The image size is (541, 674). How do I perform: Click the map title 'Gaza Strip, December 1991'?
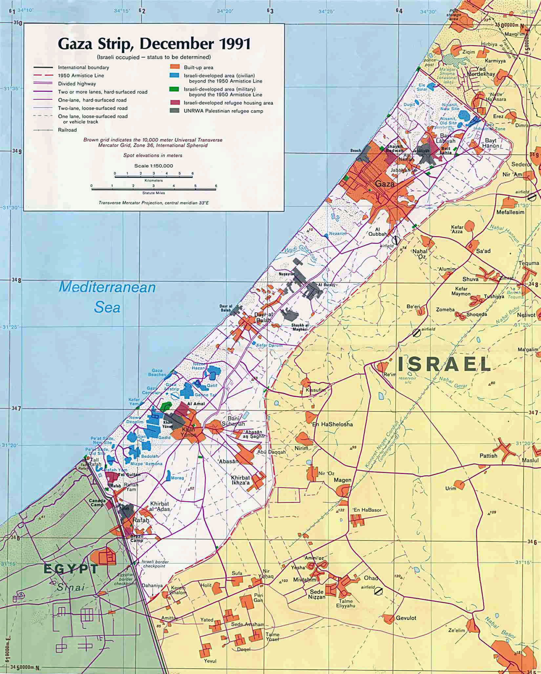click(154, 44)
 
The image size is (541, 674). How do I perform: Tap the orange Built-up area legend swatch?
click(174, 67)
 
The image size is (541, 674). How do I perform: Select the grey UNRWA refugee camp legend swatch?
click(174, 111)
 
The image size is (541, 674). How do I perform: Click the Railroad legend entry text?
click(67, 130)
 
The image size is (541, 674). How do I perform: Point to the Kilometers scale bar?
click(154, 176)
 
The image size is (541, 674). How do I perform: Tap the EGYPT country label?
click(71, 569)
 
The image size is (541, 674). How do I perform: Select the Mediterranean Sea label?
click(107, 297)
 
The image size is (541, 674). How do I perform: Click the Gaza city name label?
click(385, 184)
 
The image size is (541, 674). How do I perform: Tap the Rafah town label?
click(141, 520)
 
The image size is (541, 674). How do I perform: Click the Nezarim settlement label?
click(338, 233)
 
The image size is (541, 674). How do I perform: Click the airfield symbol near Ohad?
click(378, 591)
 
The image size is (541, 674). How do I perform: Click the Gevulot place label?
click(406, 618)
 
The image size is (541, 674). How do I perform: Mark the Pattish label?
click(488, 456)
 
